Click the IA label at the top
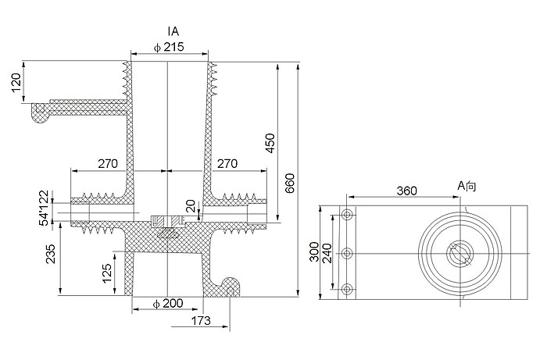(173, 31)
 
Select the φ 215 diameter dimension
(169, 48)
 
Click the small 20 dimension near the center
(189, 205)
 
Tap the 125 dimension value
(105, 273)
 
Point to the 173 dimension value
(202, 320)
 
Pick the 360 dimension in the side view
(406, 191)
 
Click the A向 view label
(468, 186)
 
